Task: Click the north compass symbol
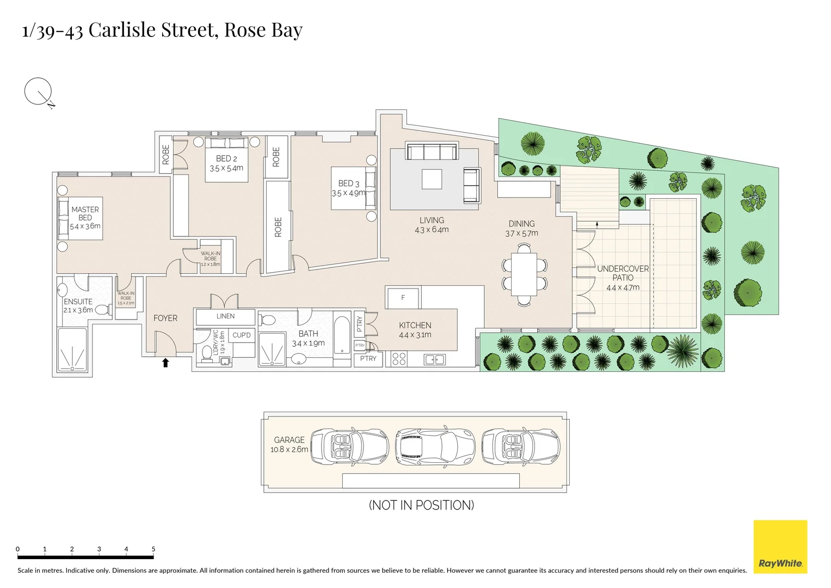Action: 38,91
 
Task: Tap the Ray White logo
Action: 780,547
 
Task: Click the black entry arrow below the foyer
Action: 165,363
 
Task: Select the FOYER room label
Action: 165,318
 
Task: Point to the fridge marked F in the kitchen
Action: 403,298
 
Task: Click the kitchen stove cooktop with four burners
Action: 399,358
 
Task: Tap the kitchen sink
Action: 434,359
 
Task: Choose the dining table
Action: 524,274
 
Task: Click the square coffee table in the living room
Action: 432,179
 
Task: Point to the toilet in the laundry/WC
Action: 207,354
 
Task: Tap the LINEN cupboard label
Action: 225,316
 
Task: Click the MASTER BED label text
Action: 85,213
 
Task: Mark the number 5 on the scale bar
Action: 153,549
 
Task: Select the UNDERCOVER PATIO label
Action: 623,273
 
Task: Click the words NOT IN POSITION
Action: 421,505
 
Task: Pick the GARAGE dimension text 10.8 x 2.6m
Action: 289,450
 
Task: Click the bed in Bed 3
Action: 354,188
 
